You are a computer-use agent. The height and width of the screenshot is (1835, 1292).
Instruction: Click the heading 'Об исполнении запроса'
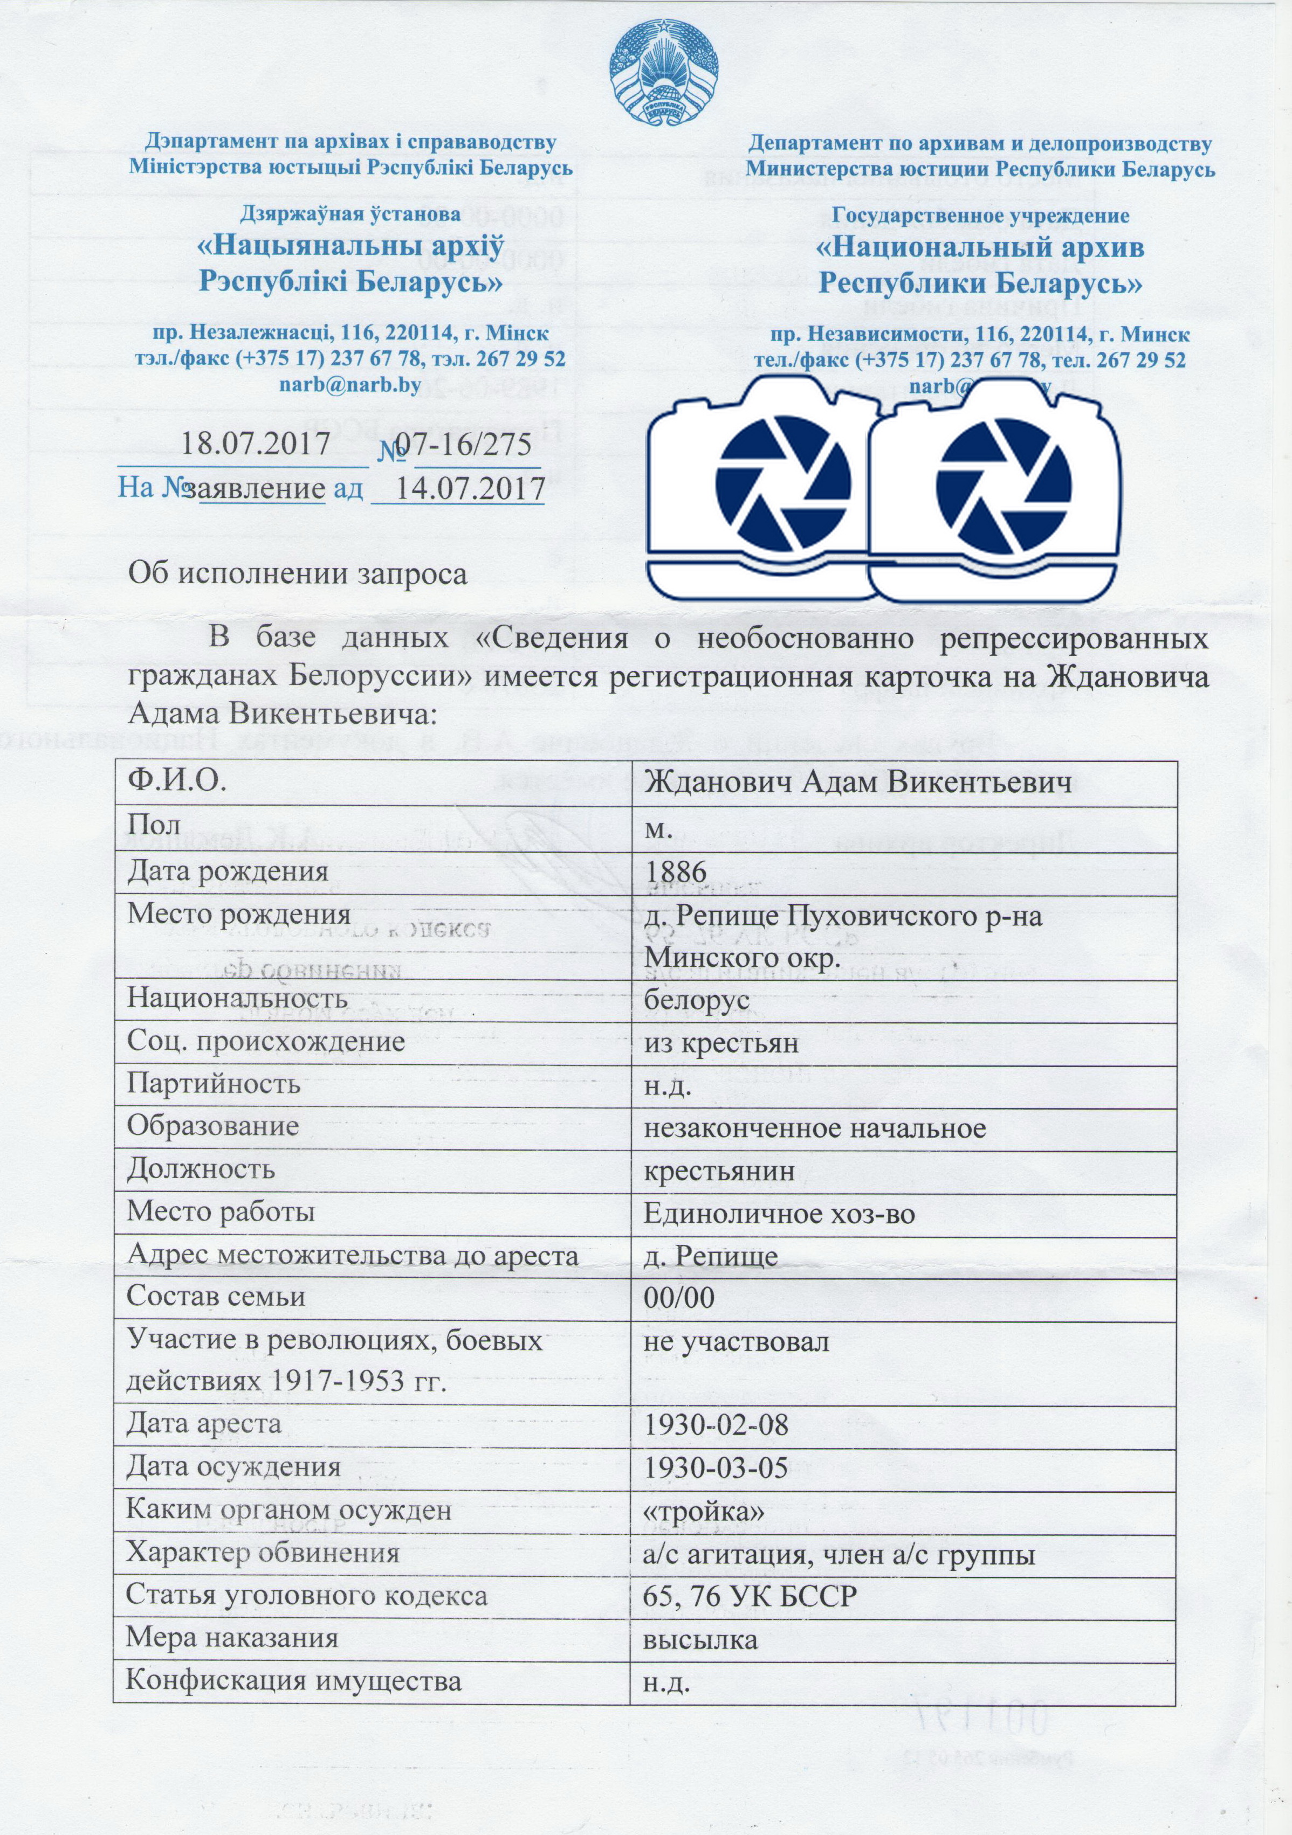coord(298,574)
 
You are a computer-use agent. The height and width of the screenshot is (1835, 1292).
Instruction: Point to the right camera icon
coord(992,488)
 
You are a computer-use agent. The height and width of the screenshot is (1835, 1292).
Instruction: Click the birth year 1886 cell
coord(676,870)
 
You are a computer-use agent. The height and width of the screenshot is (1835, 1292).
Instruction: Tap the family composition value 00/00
coord(679,1298)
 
